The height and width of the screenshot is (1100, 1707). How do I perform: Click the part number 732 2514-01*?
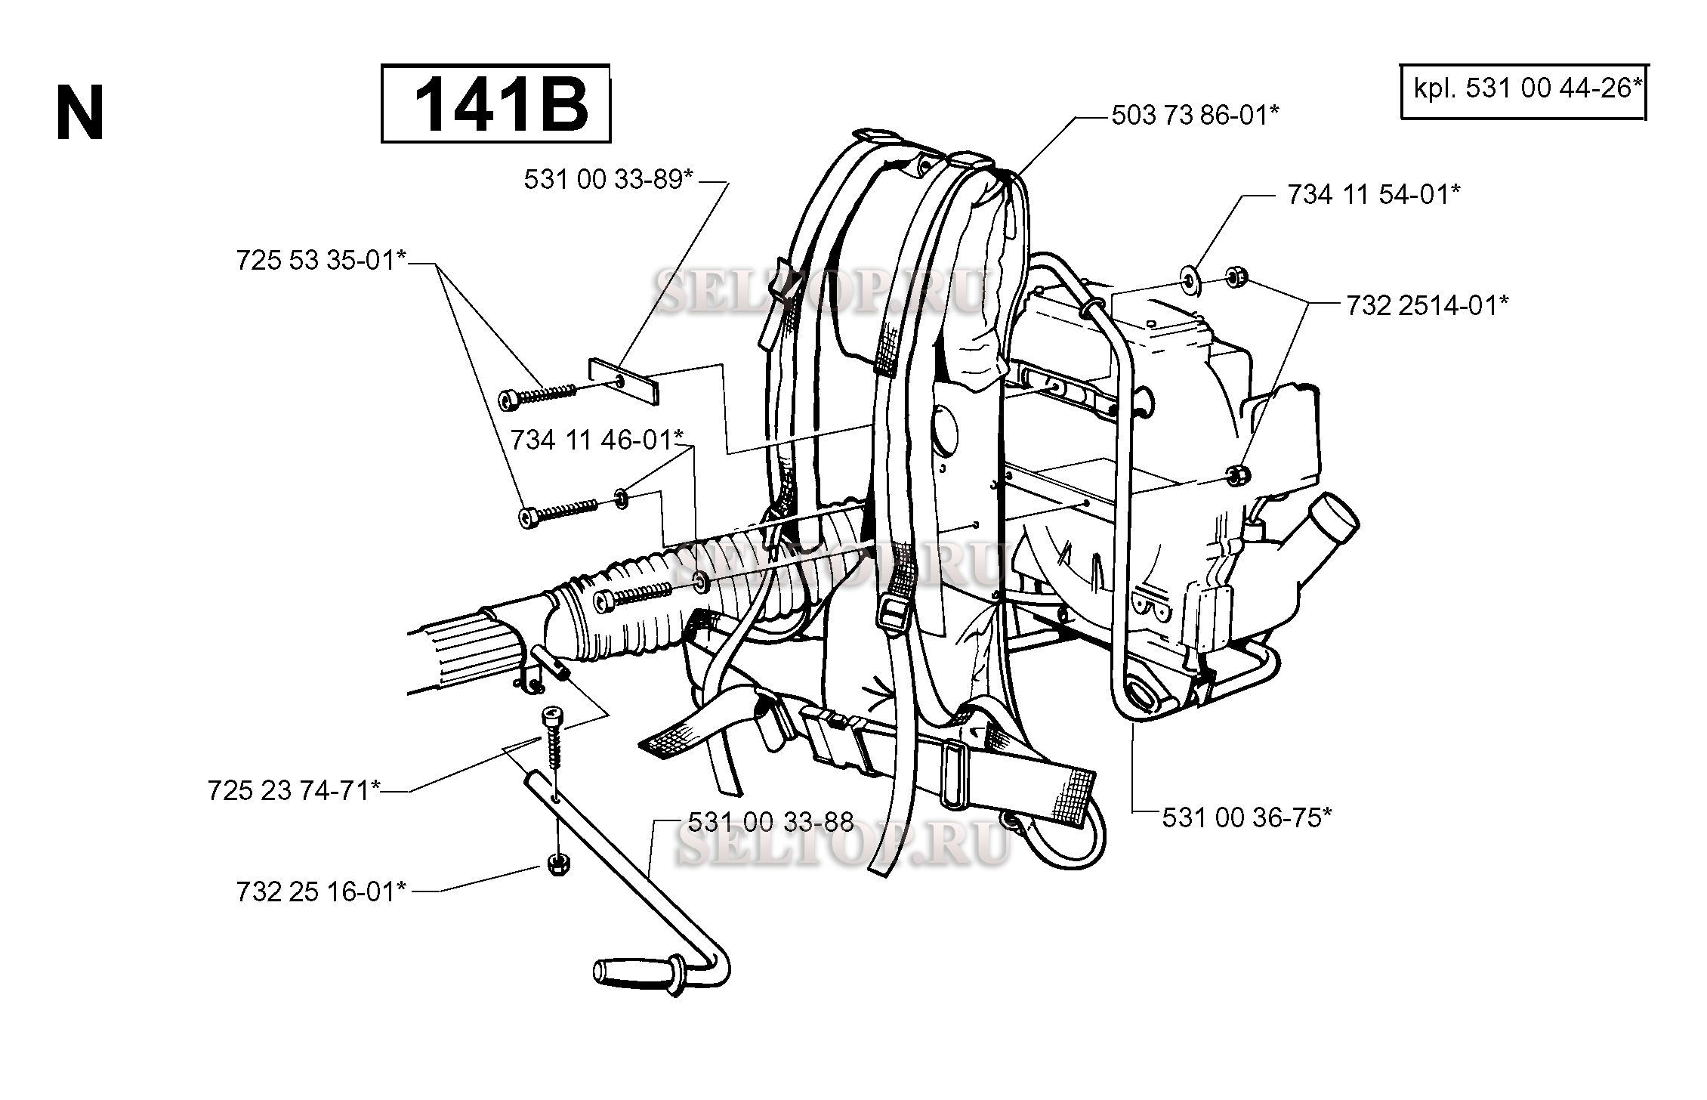point(1427,305)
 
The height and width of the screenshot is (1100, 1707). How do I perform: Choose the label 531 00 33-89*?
point(609,180)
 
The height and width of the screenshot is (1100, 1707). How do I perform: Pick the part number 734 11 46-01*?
point(597,440)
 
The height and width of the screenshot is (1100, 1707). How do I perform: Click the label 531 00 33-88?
point(770,821)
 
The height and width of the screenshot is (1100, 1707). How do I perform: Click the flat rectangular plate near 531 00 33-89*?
point(623,382)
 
